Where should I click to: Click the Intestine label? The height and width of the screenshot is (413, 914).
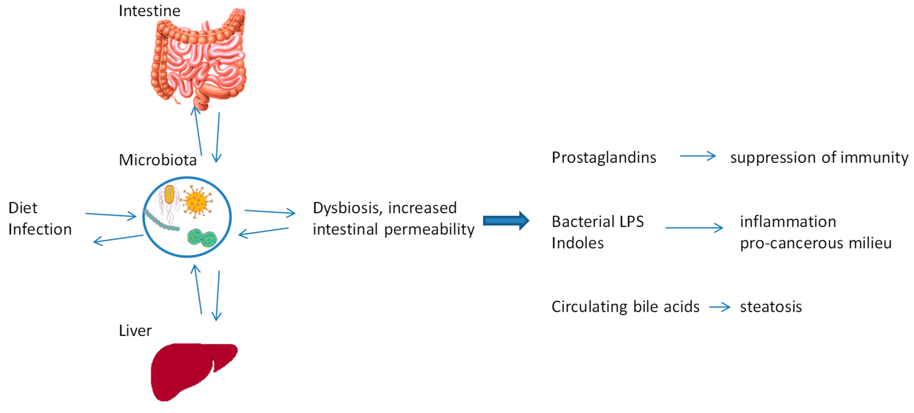(x=149, y=11)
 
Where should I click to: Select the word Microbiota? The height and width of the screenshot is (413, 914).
(x=158, y=160)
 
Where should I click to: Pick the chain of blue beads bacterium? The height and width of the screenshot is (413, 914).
(x=161, y=222)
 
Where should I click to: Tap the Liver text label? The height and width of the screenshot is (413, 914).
(x=135, y=331)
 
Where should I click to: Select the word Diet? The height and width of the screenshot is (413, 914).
(x=23, y=208)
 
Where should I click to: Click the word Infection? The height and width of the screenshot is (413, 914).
(x=40, y=229)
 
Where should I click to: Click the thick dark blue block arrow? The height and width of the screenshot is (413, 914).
(x=506, y=221)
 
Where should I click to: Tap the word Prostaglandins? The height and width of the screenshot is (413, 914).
(x=604, y=158)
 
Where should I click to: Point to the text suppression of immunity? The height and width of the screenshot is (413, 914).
(x=819, y=158)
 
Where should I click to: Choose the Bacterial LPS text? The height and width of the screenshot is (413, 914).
(x=598, y=222)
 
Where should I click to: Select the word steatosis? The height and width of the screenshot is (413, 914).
(x=771, y=307)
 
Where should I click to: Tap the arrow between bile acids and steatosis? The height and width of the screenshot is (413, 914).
(x=719, y=307)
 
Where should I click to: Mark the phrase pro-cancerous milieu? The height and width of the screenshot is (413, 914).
(x=815, y=243)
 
